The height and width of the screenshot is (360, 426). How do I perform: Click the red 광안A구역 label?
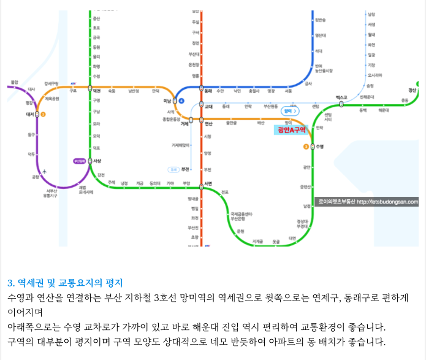coord(291,129)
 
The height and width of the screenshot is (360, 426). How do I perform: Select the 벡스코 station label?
coord(341,98)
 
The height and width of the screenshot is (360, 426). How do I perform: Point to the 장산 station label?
coord(413,90)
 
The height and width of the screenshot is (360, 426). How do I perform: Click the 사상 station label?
coord(97,161)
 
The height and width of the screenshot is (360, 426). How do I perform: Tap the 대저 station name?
coord(29,114)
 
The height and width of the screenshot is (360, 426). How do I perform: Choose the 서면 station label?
coord(208,183)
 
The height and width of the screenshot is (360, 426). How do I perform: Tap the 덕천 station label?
coord(97,91)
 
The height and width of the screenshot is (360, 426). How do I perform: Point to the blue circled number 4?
coord(181,101)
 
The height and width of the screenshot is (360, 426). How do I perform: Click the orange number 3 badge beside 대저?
coord(43,114)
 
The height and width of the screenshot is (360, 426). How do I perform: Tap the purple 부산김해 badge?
coord(80,161)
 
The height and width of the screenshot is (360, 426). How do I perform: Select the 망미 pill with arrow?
coord(290,111)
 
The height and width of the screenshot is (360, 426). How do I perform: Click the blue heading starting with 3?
coord(65,283)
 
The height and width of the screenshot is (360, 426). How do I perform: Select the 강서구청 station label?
coord(51,83)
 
